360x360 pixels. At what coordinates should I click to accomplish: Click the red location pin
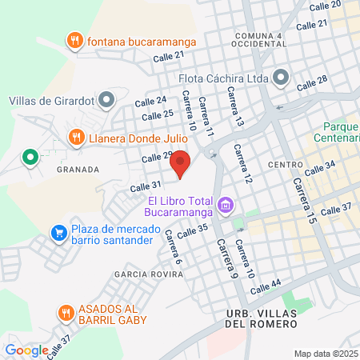click(181, 163)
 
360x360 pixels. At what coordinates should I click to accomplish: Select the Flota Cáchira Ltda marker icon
click(281, 78)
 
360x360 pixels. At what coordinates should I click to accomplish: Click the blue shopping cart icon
click(58, 233)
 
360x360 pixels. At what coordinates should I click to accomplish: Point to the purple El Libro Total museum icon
click(226, 206)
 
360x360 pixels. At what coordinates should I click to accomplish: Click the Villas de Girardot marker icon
click(108, 100)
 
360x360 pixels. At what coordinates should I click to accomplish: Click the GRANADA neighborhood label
click(78, 170)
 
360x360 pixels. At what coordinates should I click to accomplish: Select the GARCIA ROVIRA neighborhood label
click(146, 274)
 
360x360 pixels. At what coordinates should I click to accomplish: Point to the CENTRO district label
click(284, 165)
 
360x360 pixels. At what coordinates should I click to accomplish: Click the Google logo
click(26, 350)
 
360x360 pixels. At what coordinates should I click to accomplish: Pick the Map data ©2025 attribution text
click(326, 354)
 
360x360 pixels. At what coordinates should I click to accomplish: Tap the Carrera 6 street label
click(174, 247)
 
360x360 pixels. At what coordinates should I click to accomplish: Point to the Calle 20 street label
click(326, 5)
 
